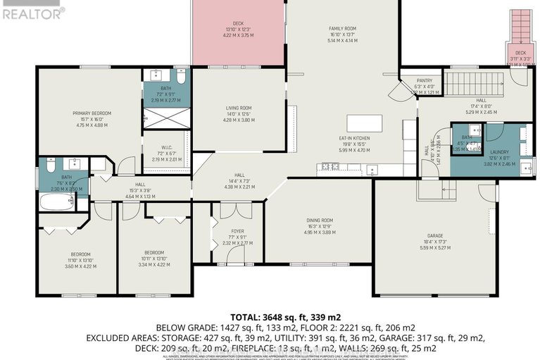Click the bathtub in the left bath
coord(55,202)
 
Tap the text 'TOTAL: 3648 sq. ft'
coord(260,315)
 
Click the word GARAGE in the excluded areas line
coord(376,337)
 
